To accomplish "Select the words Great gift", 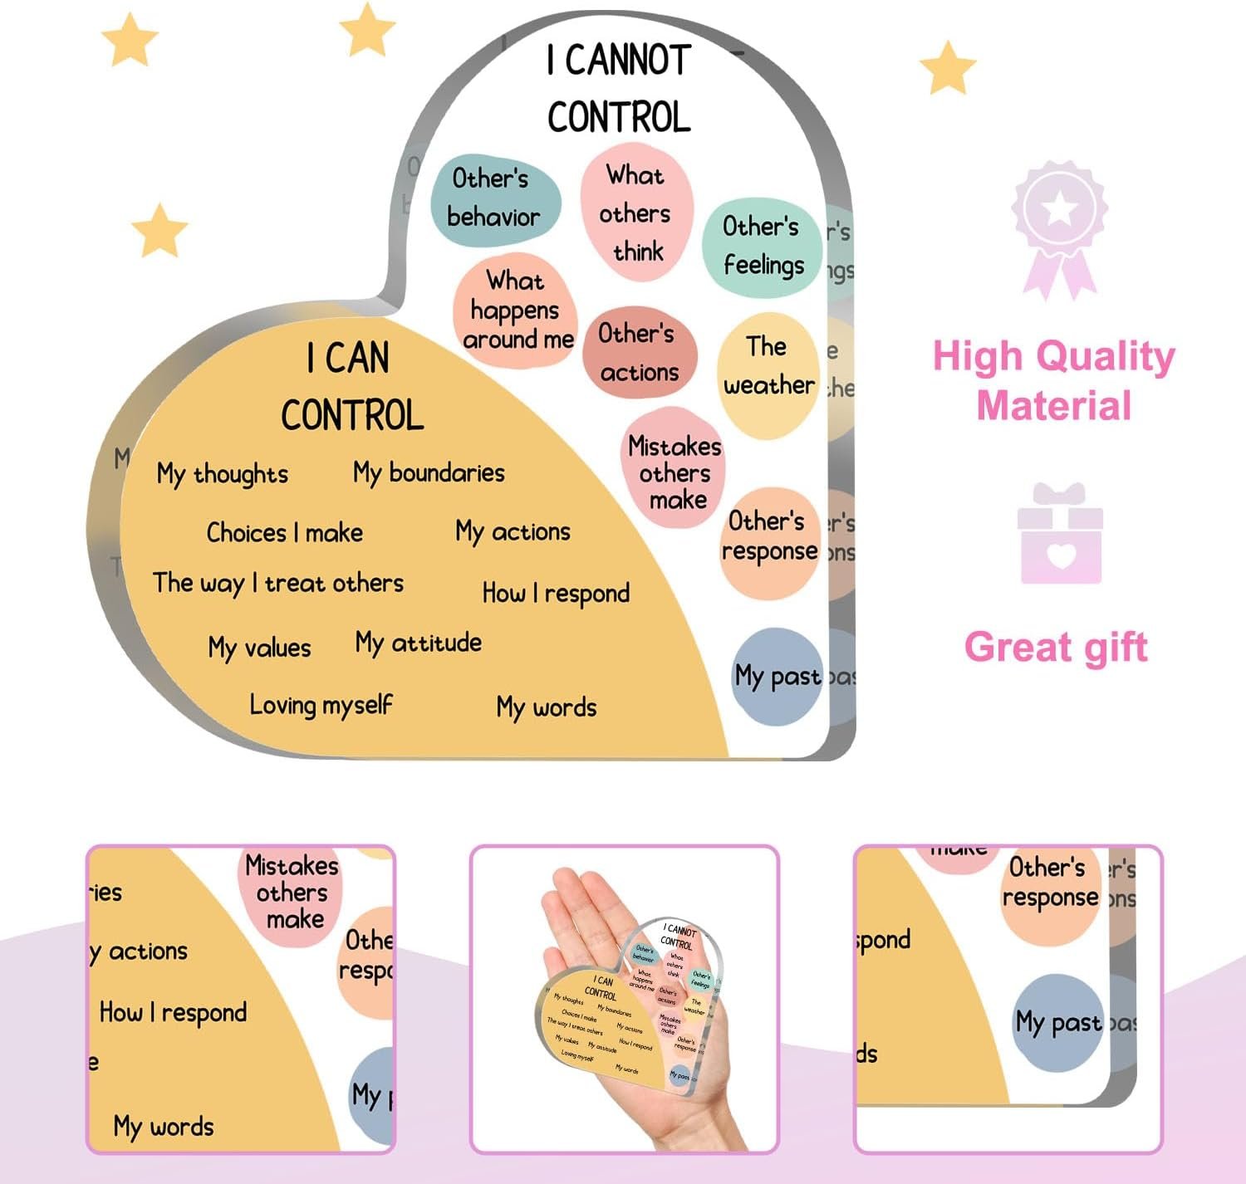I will point(1056,647).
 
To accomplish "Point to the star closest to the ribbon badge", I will point(948,68).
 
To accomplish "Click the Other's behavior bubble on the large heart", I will point(495,199).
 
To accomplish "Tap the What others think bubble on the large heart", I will point(635,213).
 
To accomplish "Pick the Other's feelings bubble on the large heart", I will point(762,247).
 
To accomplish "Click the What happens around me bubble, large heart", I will point(516,311).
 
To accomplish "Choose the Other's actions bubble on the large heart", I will point(639,354).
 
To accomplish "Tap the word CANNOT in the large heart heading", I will point(628,61).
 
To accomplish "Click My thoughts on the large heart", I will point(222,474).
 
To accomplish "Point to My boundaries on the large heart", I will point(429,473).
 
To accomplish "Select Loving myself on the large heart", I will point(321,706).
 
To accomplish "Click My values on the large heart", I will point(259,648).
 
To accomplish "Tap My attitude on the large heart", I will point(419,643).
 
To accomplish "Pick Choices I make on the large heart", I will point(284,532).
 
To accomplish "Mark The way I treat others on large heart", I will point(278,584).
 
